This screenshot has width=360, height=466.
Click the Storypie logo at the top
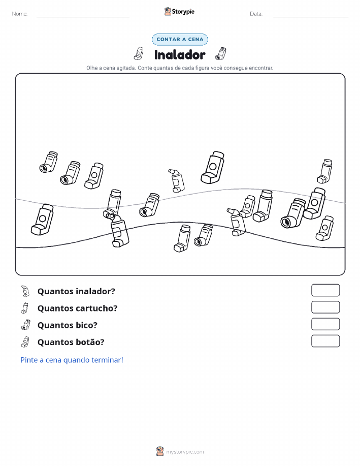coord(179,12)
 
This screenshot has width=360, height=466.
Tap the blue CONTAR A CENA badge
coord(180,39)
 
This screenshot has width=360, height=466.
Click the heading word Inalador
coord(180,55)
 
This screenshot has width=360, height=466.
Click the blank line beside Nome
coord(83,17)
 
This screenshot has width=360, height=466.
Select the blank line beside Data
coord(311,17)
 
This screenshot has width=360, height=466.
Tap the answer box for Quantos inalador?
coord(325,290)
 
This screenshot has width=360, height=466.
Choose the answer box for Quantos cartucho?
coord(325,307)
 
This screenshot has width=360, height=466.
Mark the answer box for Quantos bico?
coord(325,324)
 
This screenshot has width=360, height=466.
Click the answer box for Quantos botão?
coord(325,341)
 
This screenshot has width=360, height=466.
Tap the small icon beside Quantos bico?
coord(26,325)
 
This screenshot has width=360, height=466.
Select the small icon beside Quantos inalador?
coord(25,291)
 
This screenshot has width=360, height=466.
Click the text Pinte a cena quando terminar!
coord(72,360)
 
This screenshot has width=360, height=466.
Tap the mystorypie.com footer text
coord(185,452)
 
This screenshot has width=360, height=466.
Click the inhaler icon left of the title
coord(139,53)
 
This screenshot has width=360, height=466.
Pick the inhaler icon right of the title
coord(221,53)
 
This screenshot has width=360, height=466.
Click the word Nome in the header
coord(20,14)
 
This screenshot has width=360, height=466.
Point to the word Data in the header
coord(256,14)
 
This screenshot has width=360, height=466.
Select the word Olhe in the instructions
coord(92,68)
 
